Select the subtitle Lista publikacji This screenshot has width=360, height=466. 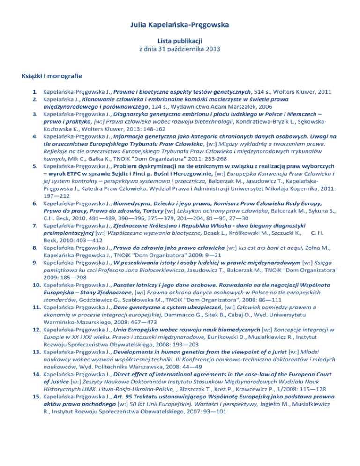(180, 41)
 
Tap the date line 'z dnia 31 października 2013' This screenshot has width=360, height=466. (180, 50)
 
